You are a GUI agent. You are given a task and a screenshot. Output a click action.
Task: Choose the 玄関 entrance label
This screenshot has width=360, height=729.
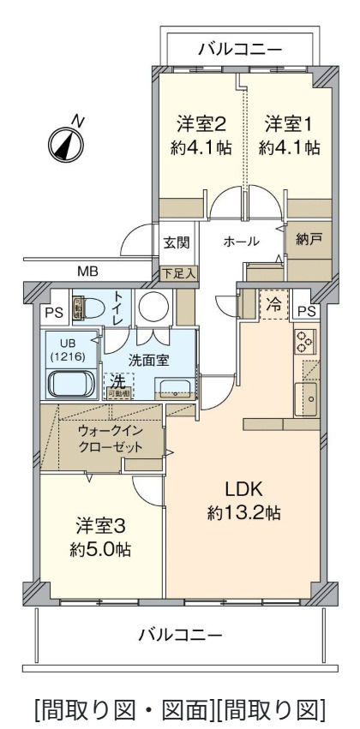pyautogui.click(x=177, y=242)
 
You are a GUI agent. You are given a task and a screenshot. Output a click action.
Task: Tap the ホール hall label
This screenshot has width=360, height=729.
pyautogui.click(x=241, y=242)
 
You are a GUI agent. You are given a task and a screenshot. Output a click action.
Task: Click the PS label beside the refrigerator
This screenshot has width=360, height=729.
pyautogui.click(x=308, y=310)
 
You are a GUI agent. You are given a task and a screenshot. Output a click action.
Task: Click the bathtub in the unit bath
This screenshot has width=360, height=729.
pyautogui.click(x=73, y=382)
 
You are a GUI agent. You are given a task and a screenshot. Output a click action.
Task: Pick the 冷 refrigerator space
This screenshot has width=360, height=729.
pyautogui.click(x=273, y=303)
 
